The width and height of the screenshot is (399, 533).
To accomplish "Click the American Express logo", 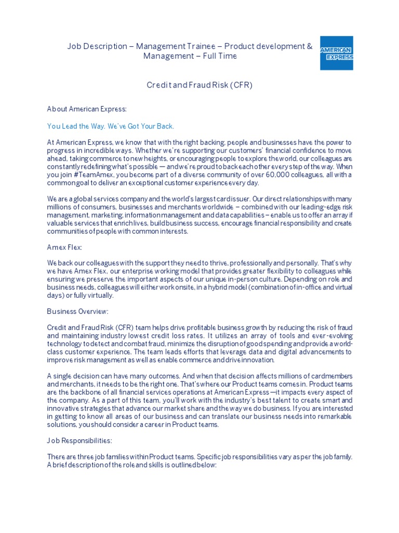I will pyautogui.click(x=336, y=53).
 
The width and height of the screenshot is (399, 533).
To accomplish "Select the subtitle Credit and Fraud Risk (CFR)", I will pyautogui.click(x=199, y=85).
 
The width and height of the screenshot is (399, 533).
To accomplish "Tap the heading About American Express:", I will pyautogui.click(x=87, y=109).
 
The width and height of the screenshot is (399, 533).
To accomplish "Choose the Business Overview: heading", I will pyautogui.click(x=78, y=311).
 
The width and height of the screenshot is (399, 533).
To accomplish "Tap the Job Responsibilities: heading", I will pyautogui.click(x=79, y=440).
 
